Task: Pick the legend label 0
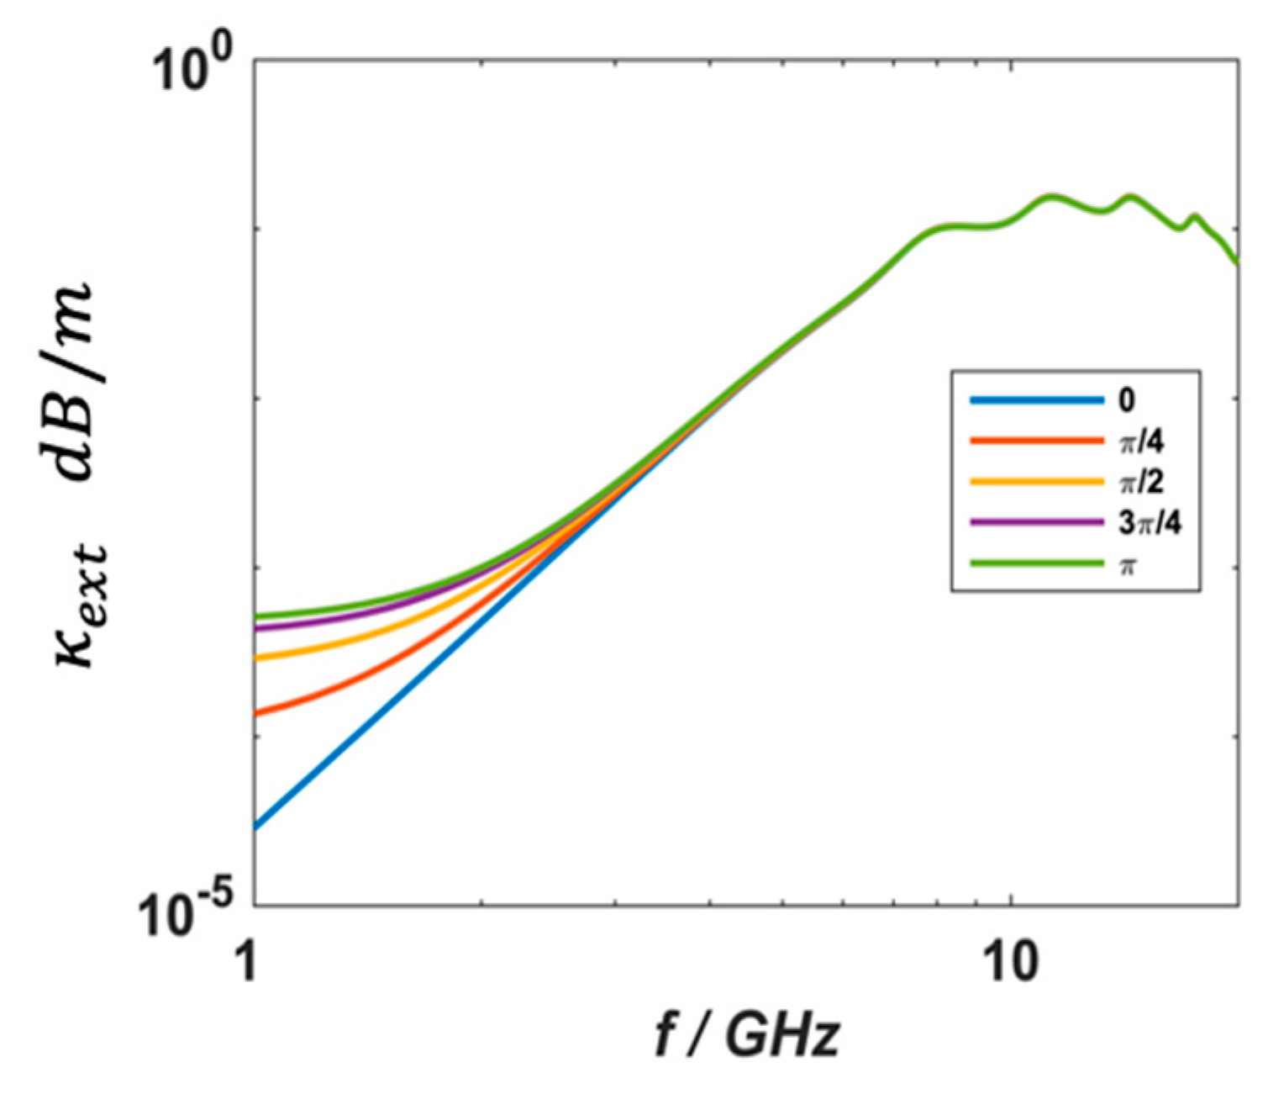[x=1126, y=400]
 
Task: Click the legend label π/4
[x=1141, y=441]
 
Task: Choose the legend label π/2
[x=1141, y=482]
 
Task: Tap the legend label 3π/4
[x=1149, y=522]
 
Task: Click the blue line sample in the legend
[x=1036, y=401]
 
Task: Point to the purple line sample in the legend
[x=1036, y=522]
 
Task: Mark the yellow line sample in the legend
[x=1036, y=482]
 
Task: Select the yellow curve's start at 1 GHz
[x=256, y=658]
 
